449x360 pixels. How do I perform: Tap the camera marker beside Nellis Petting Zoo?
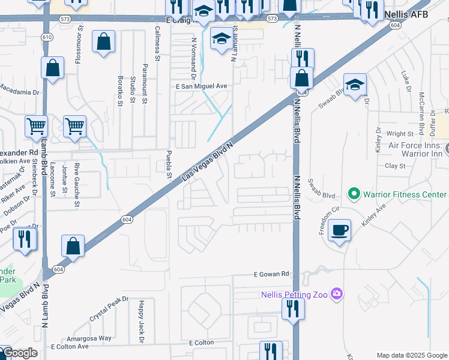click(337, 293)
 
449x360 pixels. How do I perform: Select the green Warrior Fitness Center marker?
click(354, 194)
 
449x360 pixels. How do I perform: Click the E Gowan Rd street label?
click(270, 274)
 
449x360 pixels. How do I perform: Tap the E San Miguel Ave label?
click(201, 86)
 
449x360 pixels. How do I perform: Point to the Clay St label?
click(395, 166)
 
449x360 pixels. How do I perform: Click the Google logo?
click(19, 353)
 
